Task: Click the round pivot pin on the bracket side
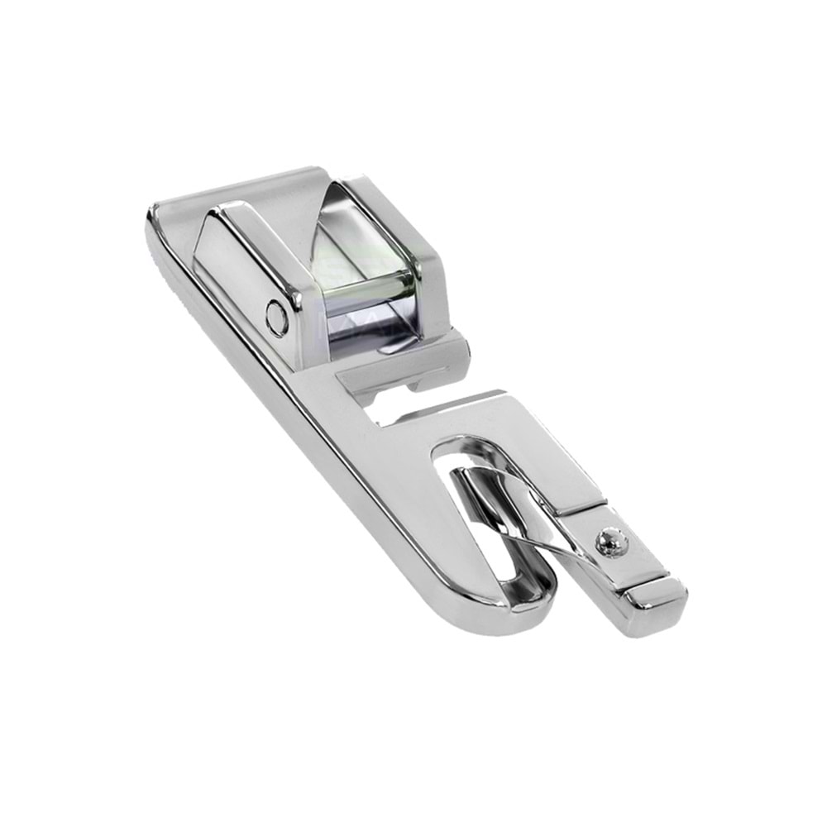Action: [276, 318]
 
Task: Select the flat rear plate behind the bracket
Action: [248, 186]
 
